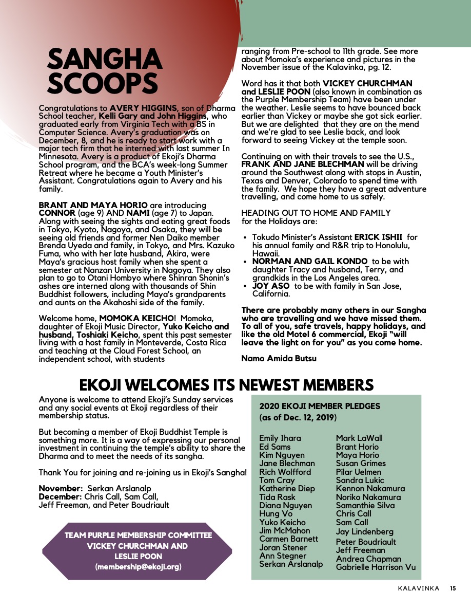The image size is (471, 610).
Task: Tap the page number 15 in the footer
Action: point(453,588)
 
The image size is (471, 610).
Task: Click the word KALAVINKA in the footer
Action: point(418,588)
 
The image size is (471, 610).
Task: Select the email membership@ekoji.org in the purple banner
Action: point(138,567)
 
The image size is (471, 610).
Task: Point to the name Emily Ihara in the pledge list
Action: point(280,438)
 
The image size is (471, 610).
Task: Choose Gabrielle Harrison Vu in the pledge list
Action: point(376,567)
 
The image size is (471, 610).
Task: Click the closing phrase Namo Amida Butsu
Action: point(279,358)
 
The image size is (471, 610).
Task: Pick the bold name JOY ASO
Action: point(271,286)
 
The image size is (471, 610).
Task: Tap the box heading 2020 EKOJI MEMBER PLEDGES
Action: point(320,406)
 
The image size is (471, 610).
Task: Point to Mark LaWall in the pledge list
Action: point(359,438)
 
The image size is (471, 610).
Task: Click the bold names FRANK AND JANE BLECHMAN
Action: point(303,164)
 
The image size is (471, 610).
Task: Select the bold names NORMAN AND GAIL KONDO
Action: point(309,262)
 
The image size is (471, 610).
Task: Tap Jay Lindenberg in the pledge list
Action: point(365,531)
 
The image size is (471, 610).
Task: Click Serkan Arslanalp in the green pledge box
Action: point(291,564)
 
